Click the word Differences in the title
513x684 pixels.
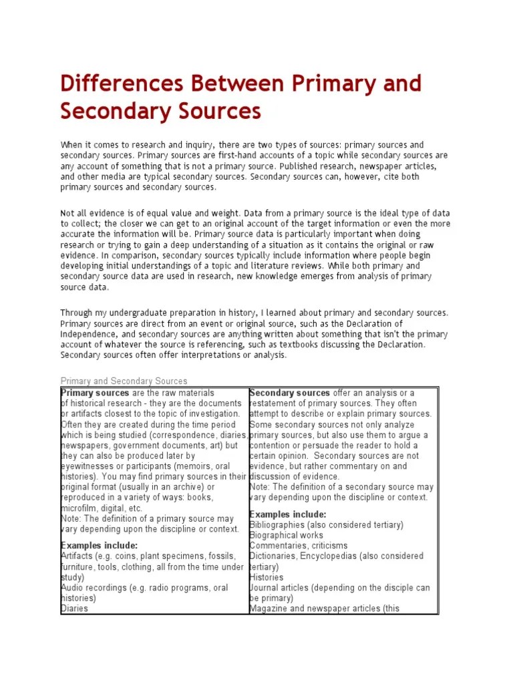(x=121, y=84)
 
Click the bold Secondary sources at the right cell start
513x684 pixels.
(x=290, y=393)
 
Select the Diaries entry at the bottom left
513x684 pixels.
(x=74, y=609)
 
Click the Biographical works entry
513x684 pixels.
(x=286, y=535)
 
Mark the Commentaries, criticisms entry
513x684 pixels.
(x=298, y=546)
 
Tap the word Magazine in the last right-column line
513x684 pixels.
(x=269, y=609)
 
